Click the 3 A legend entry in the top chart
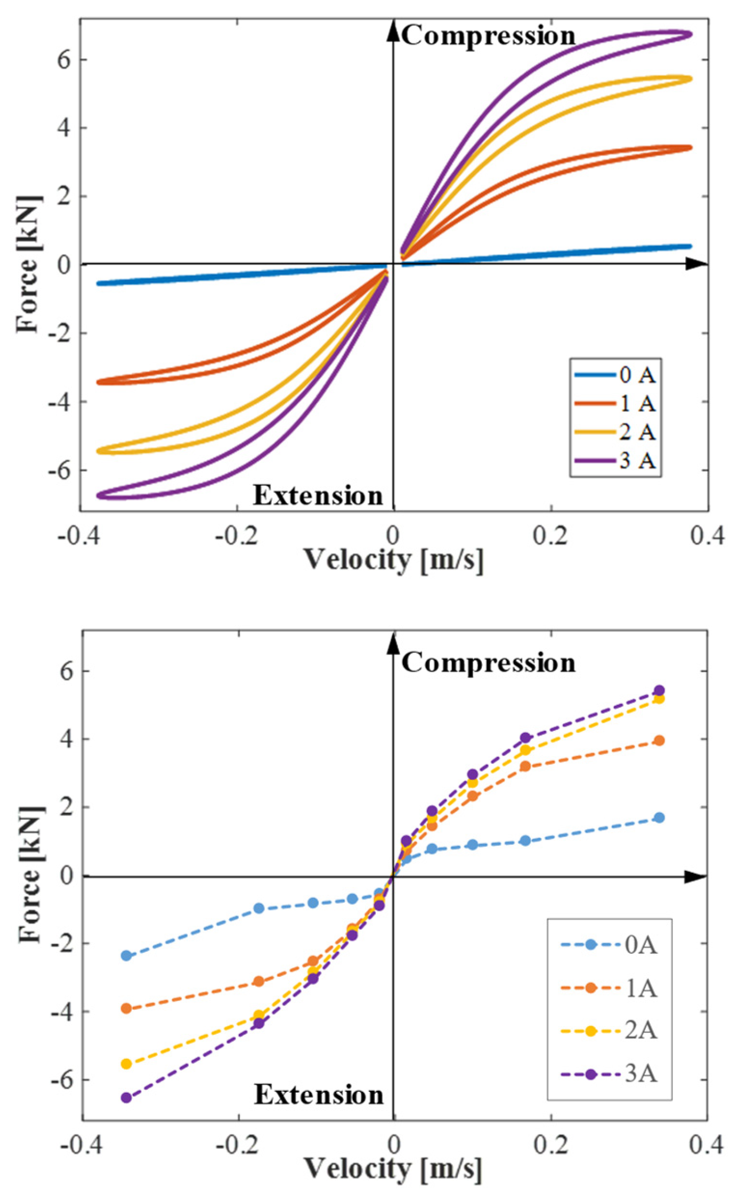click(x=615, y=461)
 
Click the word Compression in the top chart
click(x=488, y=36)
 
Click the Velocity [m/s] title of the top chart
click(x=394, y=560)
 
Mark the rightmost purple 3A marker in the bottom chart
click(x=660, y=690)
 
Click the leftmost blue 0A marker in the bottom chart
click(x=126, y=956)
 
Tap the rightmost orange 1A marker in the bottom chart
click(x=660, y=741)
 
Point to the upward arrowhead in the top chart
click(x=393, y=30)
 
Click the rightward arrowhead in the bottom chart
click(x=696, y=877)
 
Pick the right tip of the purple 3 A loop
click(x=690, y=34)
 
